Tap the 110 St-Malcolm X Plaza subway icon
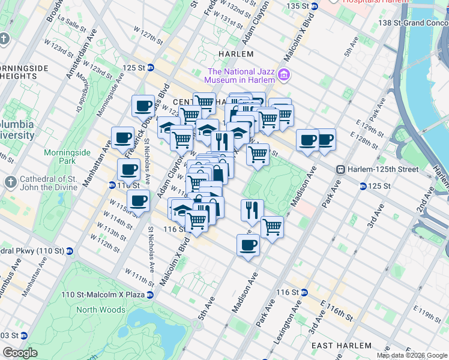tap(150, 295)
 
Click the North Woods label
tap(101, 310)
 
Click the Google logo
tap(20, 353)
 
